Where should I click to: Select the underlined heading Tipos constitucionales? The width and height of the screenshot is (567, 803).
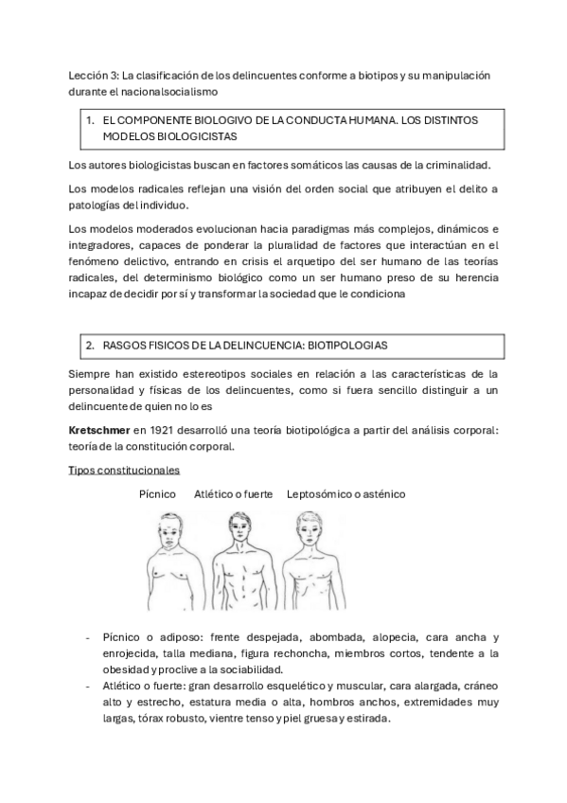124,470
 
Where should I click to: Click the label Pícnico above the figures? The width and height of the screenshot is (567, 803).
157,494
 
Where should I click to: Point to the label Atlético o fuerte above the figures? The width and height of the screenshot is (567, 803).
233,494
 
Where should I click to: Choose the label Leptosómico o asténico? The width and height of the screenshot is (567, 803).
346,494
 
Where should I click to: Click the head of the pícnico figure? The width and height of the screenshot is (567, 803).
168,528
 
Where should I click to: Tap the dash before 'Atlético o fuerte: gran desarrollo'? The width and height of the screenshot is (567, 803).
88,687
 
